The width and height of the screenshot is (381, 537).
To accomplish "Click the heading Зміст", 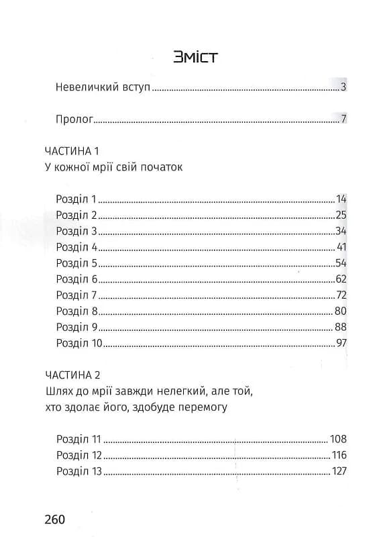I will coord(195,57).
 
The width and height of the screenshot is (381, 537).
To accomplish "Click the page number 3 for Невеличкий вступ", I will coord(343,87).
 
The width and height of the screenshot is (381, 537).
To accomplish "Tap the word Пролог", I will coord(74,120).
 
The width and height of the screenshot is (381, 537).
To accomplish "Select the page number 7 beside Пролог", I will coord(343,120).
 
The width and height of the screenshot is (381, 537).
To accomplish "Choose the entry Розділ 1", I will coord(76,199).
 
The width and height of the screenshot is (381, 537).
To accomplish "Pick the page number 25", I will coord(340,215).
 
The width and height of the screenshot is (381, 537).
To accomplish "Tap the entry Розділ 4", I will coord(77,246).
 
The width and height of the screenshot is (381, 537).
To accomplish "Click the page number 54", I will coord(340,262).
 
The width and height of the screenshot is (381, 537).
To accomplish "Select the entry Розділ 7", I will coord(77,295).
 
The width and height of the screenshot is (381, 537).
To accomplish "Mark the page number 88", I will coord(340,327).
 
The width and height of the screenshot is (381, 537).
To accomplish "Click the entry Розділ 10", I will coord(79,343).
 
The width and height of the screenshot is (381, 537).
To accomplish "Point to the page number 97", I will coord(340,343).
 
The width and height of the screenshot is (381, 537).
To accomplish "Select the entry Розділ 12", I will coord(78,455).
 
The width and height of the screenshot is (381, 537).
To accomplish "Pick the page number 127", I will coord(338,471).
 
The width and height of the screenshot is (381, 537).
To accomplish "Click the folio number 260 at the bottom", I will coord(54,520).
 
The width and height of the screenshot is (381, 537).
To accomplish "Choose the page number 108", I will coord(338,439).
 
